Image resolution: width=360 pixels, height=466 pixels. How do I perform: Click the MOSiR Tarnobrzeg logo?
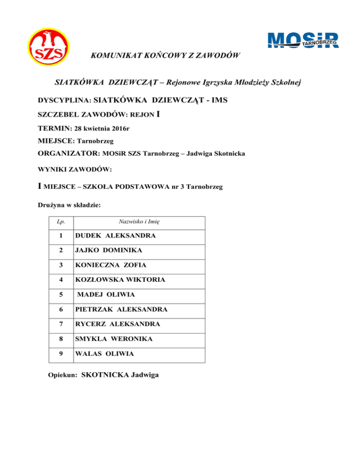tap(302, 40)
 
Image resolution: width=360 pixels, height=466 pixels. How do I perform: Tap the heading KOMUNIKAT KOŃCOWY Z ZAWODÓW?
tap(165, 56)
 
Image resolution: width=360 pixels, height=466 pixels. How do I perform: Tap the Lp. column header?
tap(61, 221)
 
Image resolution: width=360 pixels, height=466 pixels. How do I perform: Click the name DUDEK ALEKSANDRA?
tap(115, 235)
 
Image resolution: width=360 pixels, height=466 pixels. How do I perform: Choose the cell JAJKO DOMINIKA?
tap(109, 250)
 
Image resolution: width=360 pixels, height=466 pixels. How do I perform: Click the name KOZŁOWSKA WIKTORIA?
tap(119, 280)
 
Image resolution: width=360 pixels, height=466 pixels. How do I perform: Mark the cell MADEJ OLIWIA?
tap(106, 294)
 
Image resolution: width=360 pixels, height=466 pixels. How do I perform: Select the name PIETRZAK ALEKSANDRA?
tap(121, 309)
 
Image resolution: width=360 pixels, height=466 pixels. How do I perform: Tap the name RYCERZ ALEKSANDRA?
tap(118, 324)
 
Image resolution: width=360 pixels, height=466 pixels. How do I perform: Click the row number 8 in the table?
tap(61, 339)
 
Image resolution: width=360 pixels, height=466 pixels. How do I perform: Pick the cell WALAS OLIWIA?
tap(105, 354)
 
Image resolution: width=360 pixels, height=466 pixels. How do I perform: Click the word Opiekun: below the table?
tap(63, 375)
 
